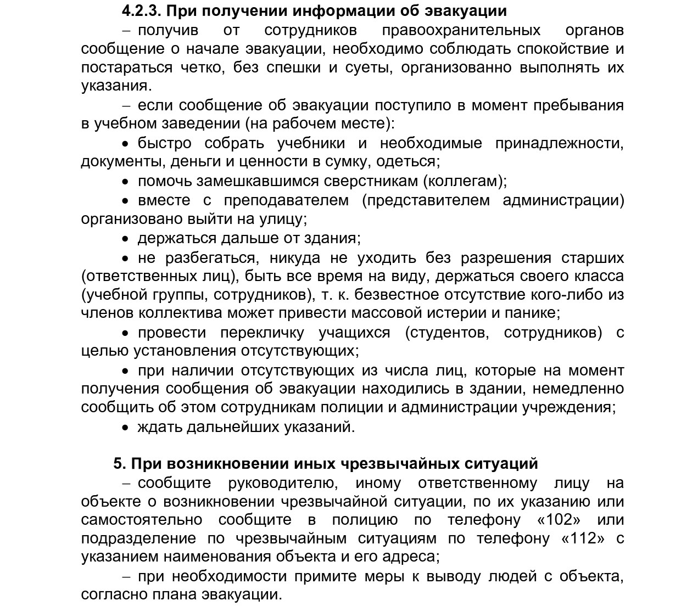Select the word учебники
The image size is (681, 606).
pyautogui.click(x=311, y=143)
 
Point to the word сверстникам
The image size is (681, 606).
pyautogui.click(x=370, y=181)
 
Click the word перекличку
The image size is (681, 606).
pyautogui.click(x=262, y=333)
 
